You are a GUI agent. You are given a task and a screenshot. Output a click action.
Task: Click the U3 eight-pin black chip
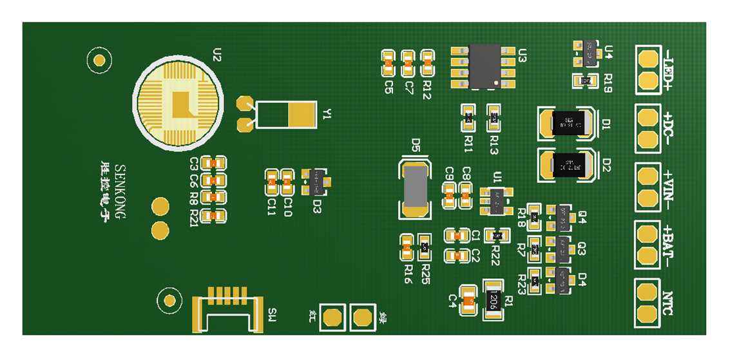click(485, 66)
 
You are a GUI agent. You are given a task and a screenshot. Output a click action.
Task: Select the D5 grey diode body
click(416, 186)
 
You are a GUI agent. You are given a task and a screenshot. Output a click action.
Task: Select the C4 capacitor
click(470, 299)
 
